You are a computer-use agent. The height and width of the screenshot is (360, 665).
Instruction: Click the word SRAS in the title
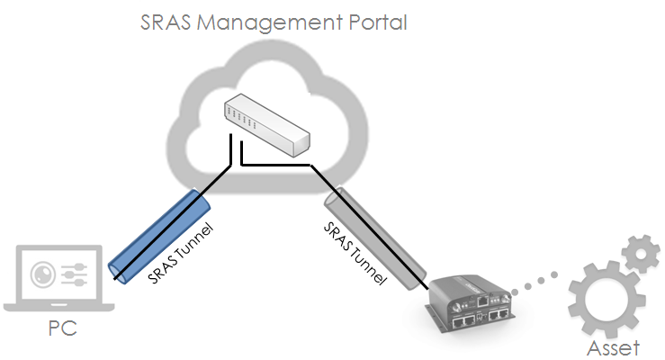coord(166,22)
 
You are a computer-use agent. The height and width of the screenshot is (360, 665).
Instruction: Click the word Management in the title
coord(270,23)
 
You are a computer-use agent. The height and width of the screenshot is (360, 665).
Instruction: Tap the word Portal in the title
coord(377,22)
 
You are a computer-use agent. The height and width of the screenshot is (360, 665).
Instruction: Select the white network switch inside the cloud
coord(267,125)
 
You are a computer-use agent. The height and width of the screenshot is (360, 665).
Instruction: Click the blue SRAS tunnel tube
coord(159,237)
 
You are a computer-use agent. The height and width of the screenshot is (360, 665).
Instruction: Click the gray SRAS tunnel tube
coord(375,238)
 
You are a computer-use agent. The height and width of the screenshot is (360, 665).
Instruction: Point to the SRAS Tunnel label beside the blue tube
coord(181,253)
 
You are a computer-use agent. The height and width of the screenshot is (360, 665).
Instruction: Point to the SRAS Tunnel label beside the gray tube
coord(355,253)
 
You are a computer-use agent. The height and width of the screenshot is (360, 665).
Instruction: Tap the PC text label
coord(63,328)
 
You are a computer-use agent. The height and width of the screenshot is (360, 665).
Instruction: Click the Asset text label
coord(614,347)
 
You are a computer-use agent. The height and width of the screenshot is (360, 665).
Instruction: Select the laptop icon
coord(59,278)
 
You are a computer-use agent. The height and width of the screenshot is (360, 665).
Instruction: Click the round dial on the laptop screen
coord(43,274)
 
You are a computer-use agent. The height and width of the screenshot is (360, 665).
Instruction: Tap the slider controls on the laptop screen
coord(75,274)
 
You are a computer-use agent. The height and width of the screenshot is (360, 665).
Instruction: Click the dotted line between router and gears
coord(534,283)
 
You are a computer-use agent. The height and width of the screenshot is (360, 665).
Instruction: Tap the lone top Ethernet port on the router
coord(483,301)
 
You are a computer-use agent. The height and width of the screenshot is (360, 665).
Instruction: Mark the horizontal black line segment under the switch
coord(275,165)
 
